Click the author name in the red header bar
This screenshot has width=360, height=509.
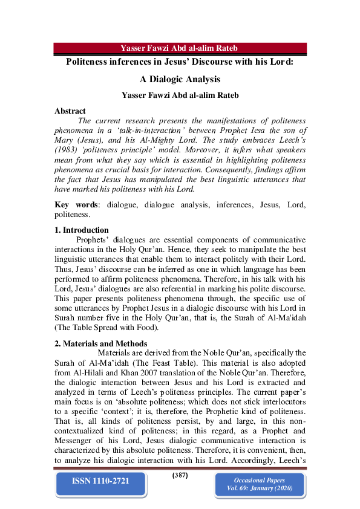180,48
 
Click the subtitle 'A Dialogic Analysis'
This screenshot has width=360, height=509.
180,79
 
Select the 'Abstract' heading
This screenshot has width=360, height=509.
70,111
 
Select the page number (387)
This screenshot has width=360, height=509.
180,475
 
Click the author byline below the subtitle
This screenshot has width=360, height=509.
180,95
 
